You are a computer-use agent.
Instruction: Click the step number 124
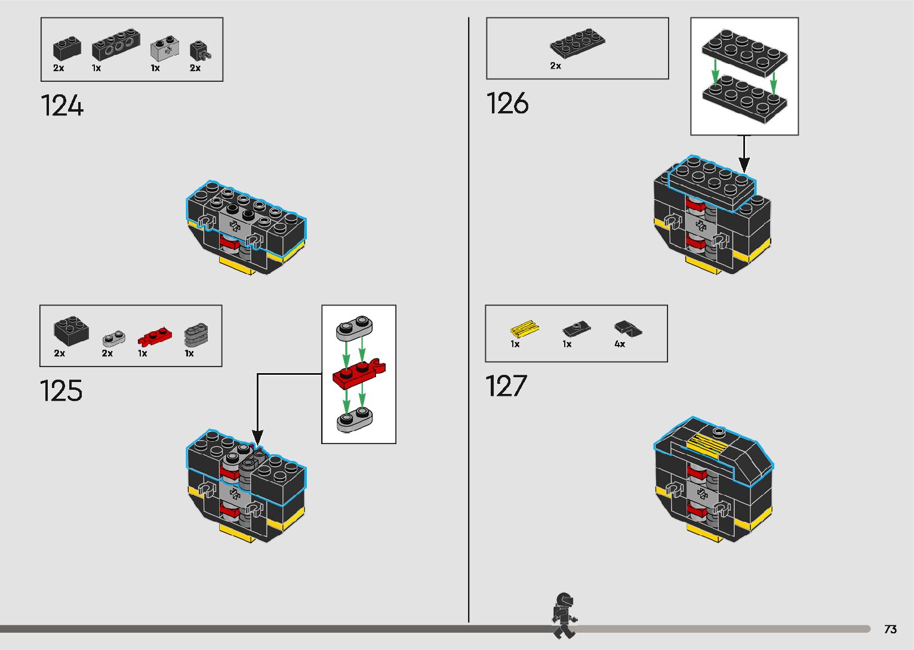(x=62, y=106)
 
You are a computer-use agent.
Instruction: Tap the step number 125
(x=61, y=391)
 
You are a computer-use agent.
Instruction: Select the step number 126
(x=507, y=103)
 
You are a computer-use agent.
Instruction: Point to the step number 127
(x=506, y=386)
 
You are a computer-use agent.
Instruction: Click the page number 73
(x=890, y=629)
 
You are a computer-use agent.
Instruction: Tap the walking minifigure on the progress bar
(x=564, y=615)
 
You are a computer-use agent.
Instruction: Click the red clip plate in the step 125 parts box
(x=154, y=338)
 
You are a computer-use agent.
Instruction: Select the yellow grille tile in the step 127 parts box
(x=524, y=329)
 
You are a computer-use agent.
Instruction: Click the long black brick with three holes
(x=116, y=45)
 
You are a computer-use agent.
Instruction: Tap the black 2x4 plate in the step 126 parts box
(x=577, y=42)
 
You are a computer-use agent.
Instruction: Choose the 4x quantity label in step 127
(x=620, y=344)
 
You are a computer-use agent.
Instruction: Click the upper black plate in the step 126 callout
(x=744, y=51)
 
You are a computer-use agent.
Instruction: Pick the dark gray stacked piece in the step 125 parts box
(x=196, y=335)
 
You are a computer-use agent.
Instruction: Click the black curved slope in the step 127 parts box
(x=627, y=328)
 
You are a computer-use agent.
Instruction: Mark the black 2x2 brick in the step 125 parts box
(x=71, y=331)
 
